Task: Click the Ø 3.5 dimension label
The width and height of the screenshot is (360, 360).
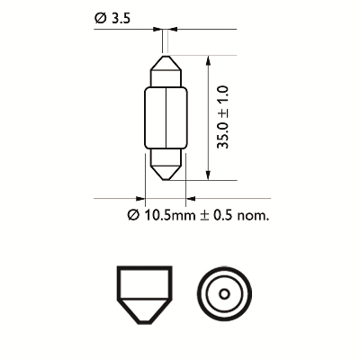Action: coord(112,19)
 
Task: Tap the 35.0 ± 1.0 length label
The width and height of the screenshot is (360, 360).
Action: coord(223,117)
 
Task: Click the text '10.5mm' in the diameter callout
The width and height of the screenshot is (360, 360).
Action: coord(170,215)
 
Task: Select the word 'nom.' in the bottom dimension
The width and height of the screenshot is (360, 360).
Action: coord(253,216)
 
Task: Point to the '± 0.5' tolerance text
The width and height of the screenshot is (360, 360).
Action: coord(216,215)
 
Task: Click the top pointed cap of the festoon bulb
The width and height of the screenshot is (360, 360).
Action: coord(166,71)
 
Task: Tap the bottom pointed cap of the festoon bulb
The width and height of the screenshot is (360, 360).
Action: coord(166,165)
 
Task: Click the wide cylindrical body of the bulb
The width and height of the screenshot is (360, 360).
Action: coord(166,118)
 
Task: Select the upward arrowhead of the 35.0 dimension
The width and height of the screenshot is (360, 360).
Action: coord(208,61)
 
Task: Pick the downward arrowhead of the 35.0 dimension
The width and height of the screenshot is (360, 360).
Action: coord(208,175)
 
